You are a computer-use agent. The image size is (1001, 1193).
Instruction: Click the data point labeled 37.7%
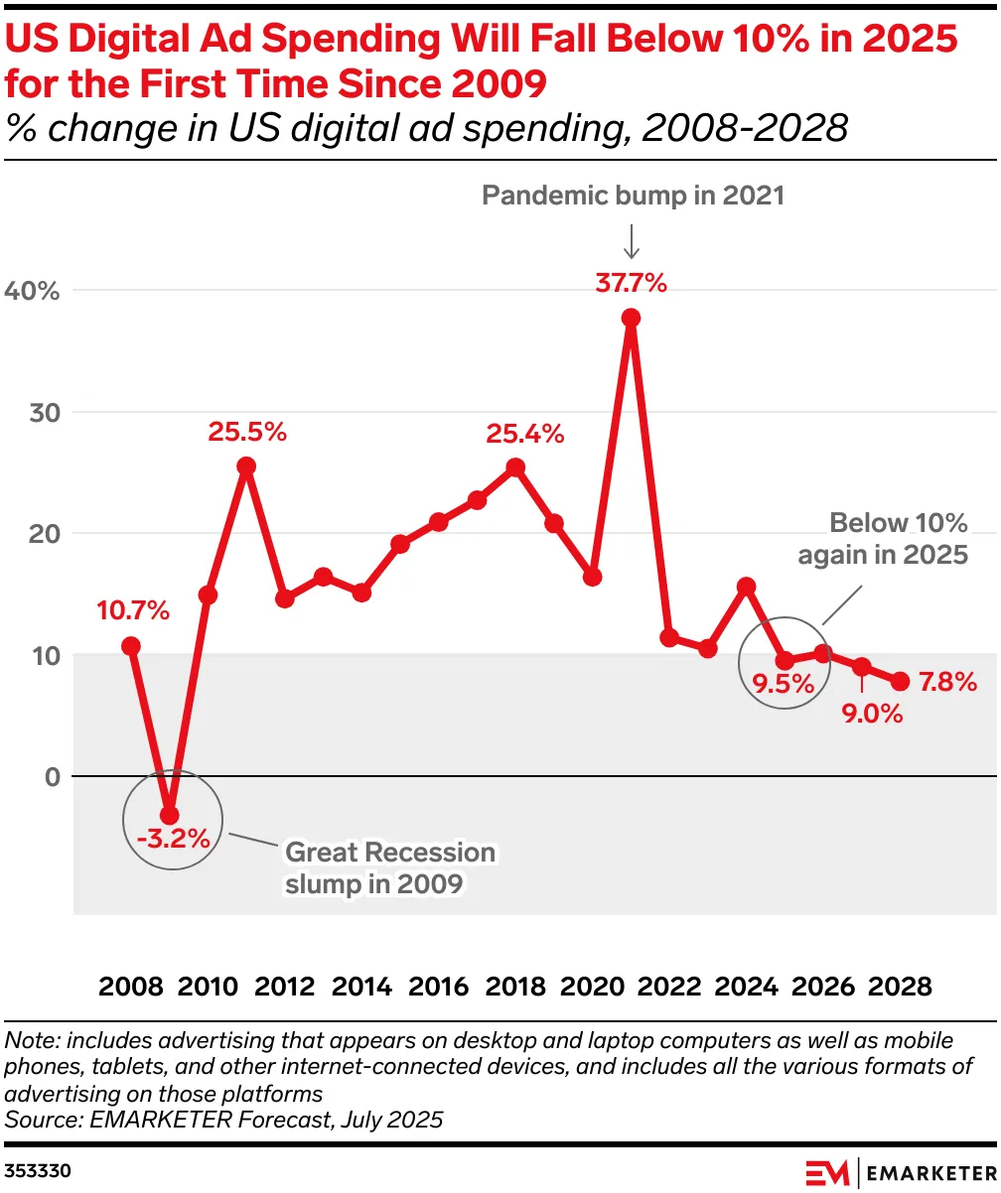(631, 319)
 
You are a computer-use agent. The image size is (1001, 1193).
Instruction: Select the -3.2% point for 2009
(170, 815)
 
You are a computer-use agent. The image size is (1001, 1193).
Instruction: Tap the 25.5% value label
(247, 432)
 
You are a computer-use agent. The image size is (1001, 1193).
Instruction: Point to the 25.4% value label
(524, 433)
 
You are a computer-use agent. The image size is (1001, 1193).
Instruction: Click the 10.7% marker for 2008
(131, 646)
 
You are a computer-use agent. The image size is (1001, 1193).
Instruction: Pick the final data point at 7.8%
(901, 681)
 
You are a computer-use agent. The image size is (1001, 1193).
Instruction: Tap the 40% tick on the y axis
(33, 291)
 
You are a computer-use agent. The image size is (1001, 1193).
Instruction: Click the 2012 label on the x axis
(284, 987)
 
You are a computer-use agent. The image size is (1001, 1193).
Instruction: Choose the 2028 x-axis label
(900, 987)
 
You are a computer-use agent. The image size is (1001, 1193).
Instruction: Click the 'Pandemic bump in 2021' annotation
(633, 196)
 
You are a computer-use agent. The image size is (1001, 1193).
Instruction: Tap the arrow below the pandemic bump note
(631, 240)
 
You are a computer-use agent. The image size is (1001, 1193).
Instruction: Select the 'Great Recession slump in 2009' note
(388, 867)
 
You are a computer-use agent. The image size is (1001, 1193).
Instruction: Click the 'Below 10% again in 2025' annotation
(883, 538)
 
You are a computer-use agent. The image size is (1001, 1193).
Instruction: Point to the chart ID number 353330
(38, 1171)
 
